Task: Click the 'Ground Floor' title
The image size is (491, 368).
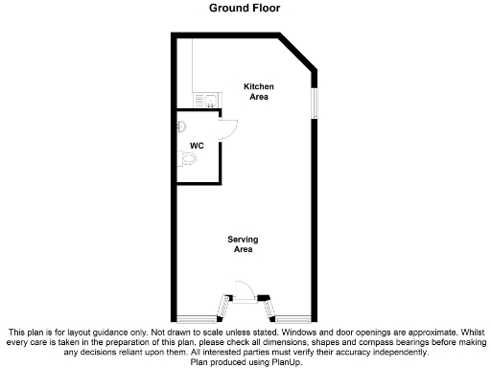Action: click(x=245, y=8)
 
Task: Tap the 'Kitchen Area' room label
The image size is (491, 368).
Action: click(x=258, y=92)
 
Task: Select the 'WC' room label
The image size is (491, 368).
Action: click(x=196, y=146)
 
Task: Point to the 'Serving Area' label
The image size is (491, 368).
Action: click(x=243, y=243)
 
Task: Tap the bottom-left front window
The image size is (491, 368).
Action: click(x=196, y=316)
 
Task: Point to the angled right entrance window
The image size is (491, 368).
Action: click(x=269, y=306)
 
